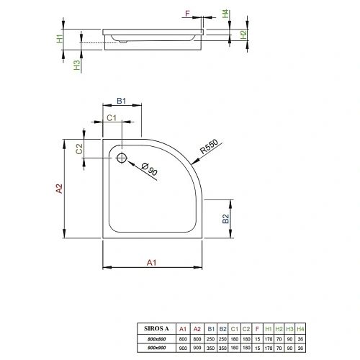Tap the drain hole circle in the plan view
click(121, 158)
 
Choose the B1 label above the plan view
click(122, 102)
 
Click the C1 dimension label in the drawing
click(112, 117)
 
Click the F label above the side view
click(186, 12)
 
